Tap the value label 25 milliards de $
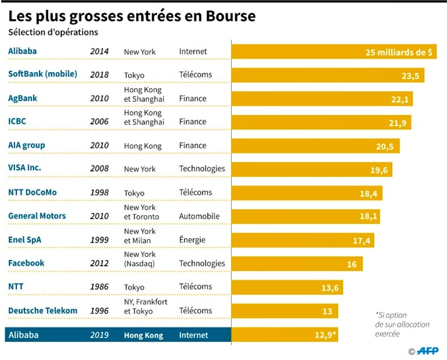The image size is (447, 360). (x=399, y=52)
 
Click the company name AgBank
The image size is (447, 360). (x=22, y=98)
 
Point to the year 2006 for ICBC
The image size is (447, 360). (x=99, y=122)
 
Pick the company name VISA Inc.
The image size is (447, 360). (x=24, y=168)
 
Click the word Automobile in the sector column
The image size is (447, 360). (x=199, y=216)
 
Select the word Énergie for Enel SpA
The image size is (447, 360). (x=192, y=240)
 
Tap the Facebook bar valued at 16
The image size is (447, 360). (x=297, y=264)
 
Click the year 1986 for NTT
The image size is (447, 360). (x=99, y=287)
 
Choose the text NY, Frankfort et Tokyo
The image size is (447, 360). (x=145, y=306)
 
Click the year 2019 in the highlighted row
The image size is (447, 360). (x=99, y=335)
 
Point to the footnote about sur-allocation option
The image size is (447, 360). (x=402, y=324)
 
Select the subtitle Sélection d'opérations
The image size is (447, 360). (x=53, y=32)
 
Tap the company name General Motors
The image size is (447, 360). (x=37, y=216)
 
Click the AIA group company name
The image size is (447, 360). (x=27, y=145)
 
